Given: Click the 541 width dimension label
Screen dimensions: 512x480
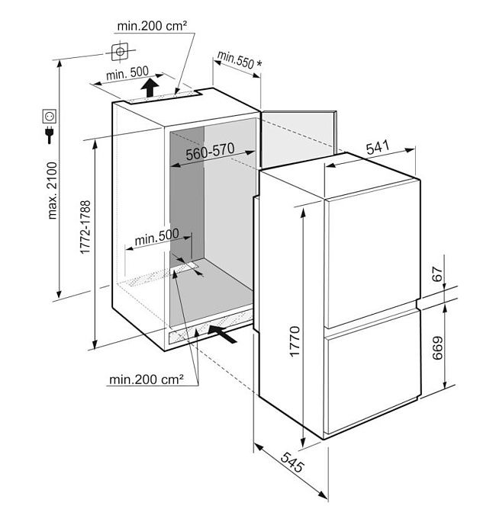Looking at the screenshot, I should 379,149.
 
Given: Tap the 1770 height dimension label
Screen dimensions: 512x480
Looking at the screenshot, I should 295,344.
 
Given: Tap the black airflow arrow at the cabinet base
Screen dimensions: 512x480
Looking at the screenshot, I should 222,332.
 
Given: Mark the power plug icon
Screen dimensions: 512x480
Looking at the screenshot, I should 50,136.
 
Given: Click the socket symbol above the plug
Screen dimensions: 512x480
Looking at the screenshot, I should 50,117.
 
